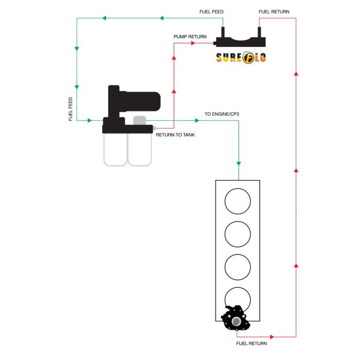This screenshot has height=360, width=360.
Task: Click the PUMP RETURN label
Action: click(x=190, y=37)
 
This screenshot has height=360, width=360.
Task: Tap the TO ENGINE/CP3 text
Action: click(x=222, y=114)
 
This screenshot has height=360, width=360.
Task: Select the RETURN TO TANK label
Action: click(x=175, y=135)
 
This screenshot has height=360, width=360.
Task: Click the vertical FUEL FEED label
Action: click(x=71, y=109)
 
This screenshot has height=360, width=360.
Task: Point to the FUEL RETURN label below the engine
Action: click(x=252, y=343)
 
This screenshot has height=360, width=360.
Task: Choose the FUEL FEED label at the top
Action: click(x=211, y=11)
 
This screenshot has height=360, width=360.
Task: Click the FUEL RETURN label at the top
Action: click(x=274, y=11)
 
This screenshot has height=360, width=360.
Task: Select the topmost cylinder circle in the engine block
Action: click(x=237, y=201)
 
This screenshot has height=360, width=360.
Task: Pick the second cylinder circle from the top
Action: click(x=237, y=234)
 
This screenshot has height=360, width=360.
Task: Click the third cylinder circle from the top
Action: click(x=237, y=267)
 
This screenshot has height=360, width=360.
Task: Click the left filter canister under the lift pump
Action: click(x=115, y=150)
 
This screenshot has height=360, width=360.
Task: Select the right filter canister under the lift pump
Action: click(x=139, y=150)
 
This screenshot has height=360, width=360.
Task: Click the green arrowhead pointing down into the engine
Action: click(x=239, y=163)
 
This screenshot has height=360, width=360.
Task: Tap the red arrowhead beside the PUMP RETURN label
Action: click(x=194, y=43)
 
